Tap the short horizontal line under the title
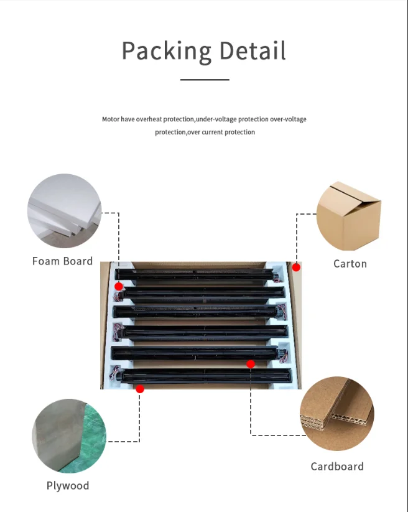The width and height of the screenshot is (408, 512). pyautogui.click(x=205, y=80)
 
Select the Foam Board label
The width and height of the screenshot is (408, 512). pyautogui.click(x=62, y=261)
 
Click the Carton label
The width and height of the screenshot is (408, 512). pyautogui.click(x=350, y=264)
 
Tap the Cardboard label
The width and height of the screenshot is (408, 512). pyautogui.click(x=337, y=467)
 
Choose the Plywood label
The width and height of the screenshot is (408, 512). pyautogui.click(x=68, y=486)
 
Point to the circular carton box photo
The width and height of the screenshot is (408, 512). pyautogui.click(x=349, y=215)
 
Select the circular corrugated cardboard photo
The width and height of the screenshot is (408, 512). pyautogui.click(x=337, y=414)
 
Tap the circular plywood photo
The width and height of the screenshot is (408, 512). pyautogui.click(x=69, y=436)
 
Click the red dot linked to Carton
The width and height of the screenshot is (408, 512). pyautogui.click(x=297, y=267)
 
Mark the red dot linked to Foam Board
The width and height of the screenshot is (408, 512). pyautogui.click(x=119, y=286)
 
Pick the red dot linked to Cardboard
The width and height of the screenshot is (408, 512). pyautogui.click(x=251, y=364)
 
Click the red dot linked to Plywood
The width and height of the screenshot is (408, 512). pyautogui.click(x=140, y=389)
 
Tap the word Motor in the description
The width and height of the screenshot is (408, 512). pyautogui.click(x=110, y=119)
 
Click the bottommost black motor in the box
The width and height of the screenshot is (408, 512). pyautogui.click(x=205, y=375)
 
